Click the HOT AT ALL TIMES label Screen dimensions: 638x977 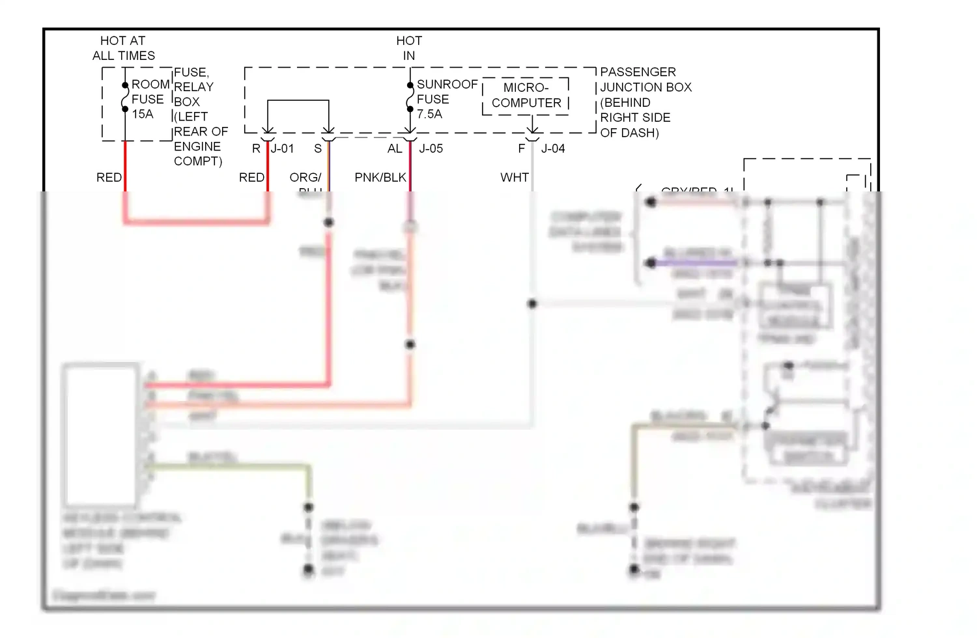click(x=123, y=48)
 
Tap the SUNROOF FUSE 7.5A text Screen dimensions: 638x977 click(x=447, y=99)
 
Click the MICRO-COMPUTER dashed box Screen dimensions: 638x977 click(x=526, y=96)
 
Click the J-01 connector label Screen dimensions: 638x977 click(x=283, y=148)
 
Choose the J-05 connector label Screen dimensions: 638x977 click(x=431, y=148)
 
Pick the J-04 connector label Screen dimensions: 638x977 click(x=553, y=148)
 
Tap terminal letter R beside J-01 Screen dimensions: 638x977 click(x=256, y=148)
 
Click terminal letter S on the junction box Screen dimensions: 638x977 click(x=318, y=148)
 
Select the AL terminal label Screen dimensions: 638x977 click(x=395, y=148)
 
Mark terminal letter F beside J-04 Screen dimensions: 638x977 click(x=522, y=148)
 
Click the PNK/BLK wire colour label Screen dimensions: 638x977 click(x=380, y=177)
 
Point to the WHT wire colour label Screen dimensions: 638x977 click(x=515, y=177)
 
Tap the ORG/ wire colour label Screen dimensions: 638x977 click(x=305, y=177)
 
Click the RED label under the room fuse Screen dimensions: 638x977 click(x=109, y=177)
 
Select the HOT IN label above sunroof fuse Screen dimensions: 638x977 click(x=409, y=48)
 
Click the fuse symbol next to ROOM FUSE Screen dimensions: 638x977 click(x=124, y=98)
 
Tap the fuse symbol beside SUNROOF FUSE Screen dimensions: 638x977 click(x=410, y=98)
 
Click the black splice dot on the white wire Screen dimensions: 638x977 click(x=532, y=303)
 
